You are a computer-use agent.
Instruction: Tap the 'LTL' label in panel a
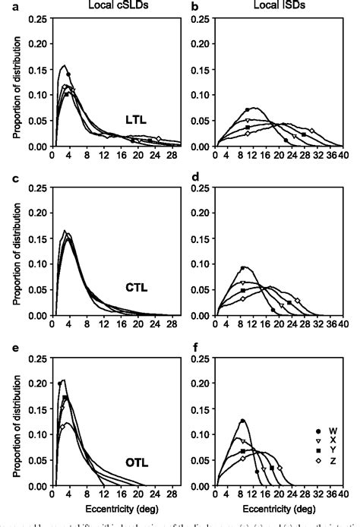click(x=137, y=118)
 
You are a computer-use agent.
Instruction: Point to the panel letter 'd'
click(x=194, y=180)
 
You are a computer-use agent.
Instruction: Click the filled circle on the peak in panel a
click(x=68, y=74)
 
